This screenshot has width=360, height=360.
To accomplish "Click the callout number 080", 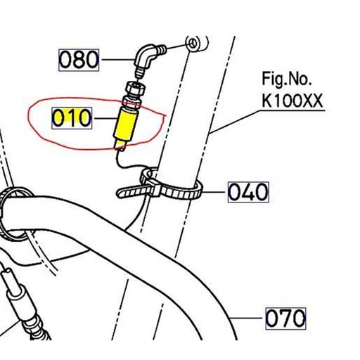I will pyautogui.click(x=79, y=59).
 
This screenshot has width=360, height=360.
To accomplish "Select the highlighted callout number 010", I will pyautogui.click(x=72, y=117).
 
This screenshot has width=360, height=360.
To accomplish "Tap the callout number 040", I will pyautogui.click(x=248, y=191).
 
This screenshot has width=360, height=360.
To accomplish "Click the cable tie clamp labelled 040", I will pyautogui.click(x=169, y=187).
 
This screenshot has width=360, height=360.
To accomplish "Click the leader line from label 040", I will pyautogui.click(x=214, y=190).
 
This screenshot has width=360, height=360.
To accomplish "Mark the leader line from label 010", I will pyautogui.click(x=103, y=117).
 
